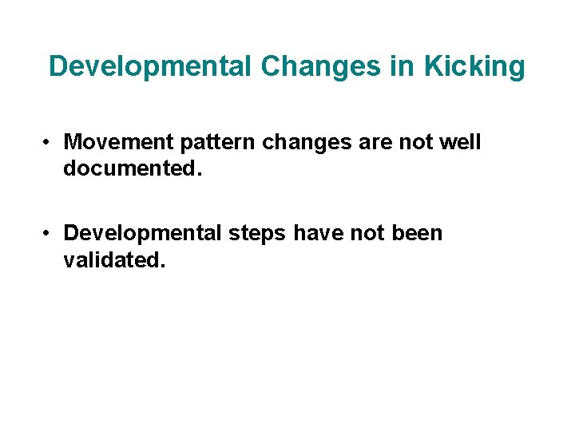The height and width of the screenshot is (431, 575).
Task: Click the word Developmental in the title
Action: click(149, 66)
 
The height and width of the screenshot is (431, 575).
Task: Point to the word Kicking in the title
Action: click(474, 66)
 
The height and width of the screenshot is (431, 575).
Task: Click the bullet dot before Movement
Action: click(49, 143)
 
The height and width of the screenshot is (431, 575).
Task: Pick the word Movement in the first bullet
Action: click(117, 142)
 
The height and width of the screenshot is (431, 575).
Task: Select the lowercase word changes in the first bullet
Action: click(298, 142)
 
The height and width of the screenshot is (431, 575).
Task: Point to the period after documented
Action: click(189, 173)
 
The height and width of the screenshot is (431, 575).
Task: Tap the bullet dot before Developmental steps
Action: click(49, 234)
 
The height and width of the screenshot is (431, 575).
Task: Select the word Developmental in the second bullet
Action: click(144, 233)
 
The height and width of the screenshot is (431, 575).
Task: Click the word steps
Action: click(259, 233)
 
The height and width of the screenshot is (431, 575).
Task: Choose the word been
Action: click(415, 233)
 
